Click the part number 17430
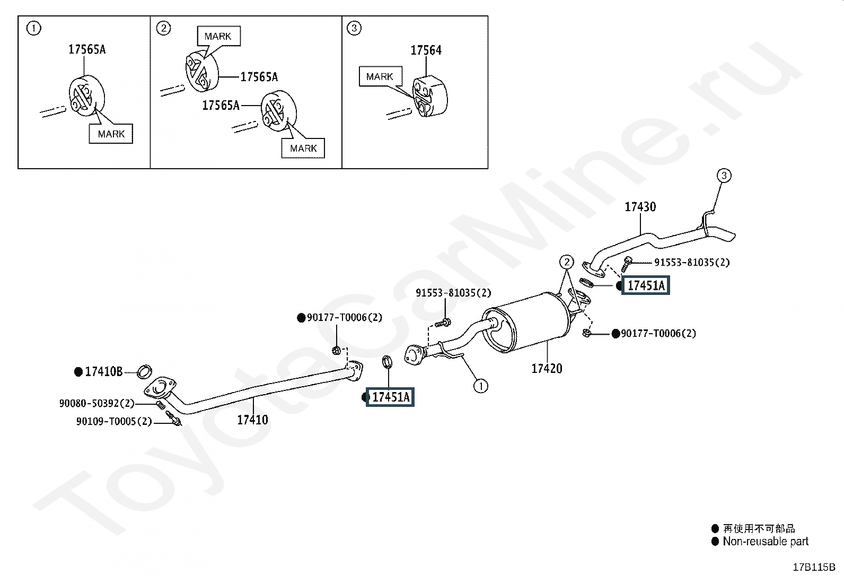640,207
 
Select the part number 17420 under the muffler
547,368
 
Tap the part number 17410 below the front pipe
252,420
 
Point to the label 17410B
104,372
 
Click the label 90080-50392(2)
97,404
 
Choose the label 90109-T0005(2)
114,422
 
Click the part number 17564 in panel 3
426,50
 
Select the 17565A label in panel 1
87,49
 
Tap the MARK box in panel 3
380,77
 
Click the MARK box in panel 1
111,134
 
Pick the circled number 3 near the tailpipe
724,175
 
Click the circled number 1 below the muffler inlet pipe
481,386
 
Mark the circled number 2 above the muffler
567,262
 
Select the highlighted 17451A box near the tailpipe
646,286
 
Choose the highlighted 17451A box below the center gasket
391,397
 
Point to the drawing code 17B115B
814,567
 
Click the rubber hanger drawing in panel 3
430,97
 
